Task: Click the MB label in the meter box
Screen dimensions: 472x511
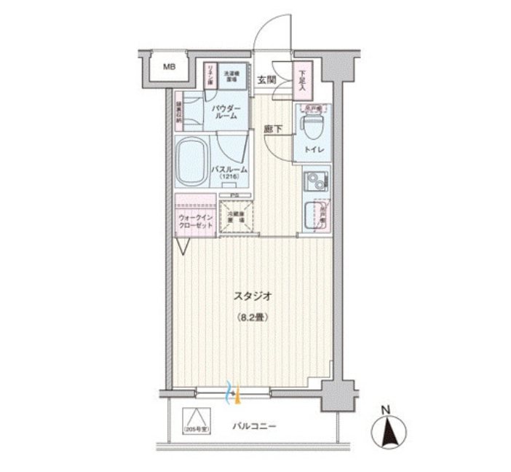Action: [x=169, y=68]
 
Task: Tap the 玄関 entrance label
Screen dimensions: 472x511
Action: [x=267, y=80]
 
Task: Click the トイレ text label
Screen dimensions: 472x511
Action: [x=314, y=152]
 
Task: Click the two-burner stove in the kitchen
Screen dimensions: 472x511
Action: [x=314, y=179]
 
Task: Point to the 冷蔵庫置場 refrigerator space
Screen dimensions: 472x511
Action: [x=234, y=215]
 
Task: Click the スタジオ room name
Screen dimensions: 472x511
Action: [x=253, y=296]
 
